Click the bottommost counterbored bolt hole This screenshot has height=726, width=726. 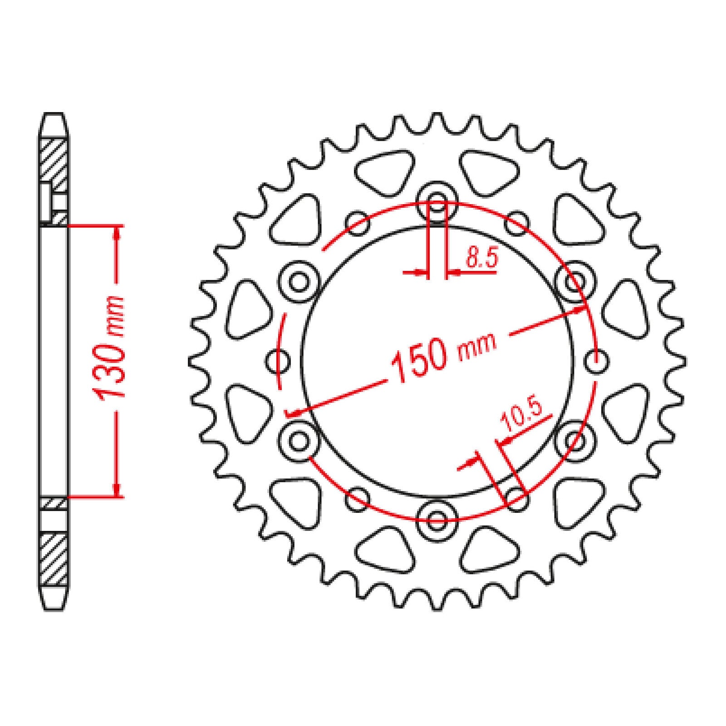click(437, 518)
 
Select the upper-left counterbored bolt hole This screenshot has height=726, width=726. click(299, 282)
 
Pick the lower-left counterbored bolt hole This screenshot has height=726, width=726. click(299, 440)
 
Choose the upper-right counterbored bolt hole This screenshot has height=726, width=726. click(574, 282)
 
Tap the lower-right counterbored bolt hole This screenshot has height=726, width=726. click(574, 440)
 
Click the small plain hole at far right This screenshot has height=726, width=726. click(595, 362)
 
